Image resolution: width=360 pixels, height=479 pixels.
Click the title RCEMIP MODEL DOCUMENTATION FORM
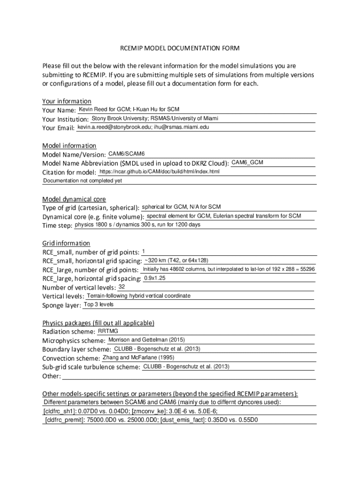click(x=180, y=48)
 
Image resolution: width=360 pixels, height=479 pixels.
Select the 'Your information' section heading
click(x=66, y=101)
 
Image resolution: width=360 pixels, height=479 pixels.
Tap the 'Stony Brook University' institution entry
click(x=119, y=118)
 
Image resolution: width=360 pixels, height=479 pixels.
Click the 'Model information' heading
click(x=69, y=145)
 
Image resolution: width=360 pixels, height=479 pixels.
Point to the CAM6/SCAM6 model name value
click(x=126, y=154)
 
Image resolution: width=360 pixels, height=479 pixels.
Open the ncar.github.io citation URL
click(x=159, y=172)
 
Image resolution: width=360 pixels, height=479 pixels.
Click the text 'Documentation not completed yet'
click(x=82, y=181)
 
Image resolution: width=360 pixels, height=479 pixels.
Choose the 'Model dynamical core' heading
click(x=74, y=199)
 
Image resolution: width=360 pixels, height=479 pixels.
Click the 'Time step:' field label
click(x=57, y=225)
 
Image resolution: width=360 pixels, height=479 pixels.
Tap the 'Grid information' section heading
click(x=66, y=243)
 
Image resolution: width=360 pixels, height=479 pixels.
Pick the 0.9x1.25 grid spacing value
click(x=155, y=278)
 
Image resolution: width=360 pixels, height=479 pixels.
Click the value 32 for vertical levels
click(x=122, y=286)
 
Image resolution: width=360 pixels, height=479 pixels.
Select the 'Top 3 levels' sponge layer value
click(x=98, y=305)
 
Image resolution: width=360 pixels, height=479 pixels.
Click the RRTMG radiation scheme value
click(x=108, y=331)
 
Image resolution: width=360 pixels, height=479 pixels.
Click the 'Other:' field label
click(x=51, y=376)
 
